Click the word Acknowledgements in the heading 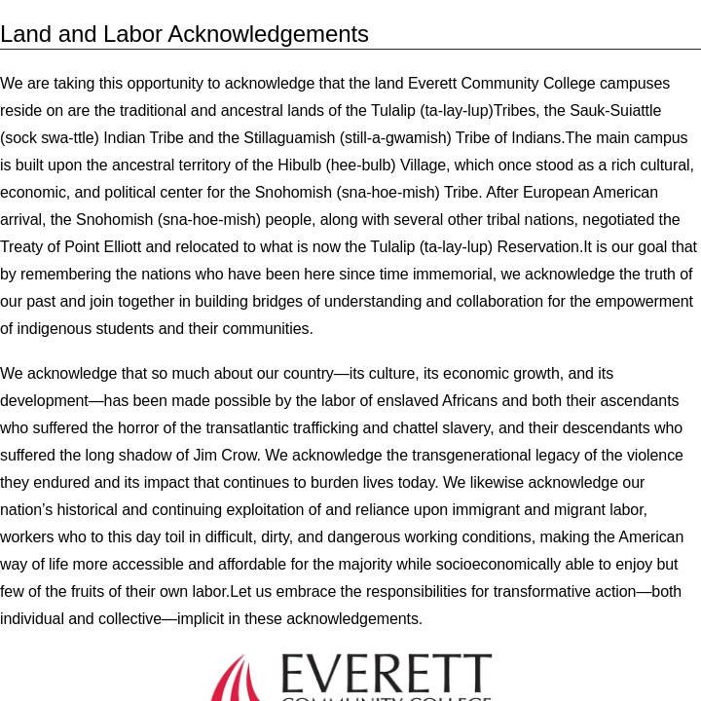(268, 34)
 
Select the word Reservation (539, 246)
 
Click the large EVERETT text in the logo (386, 674)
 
